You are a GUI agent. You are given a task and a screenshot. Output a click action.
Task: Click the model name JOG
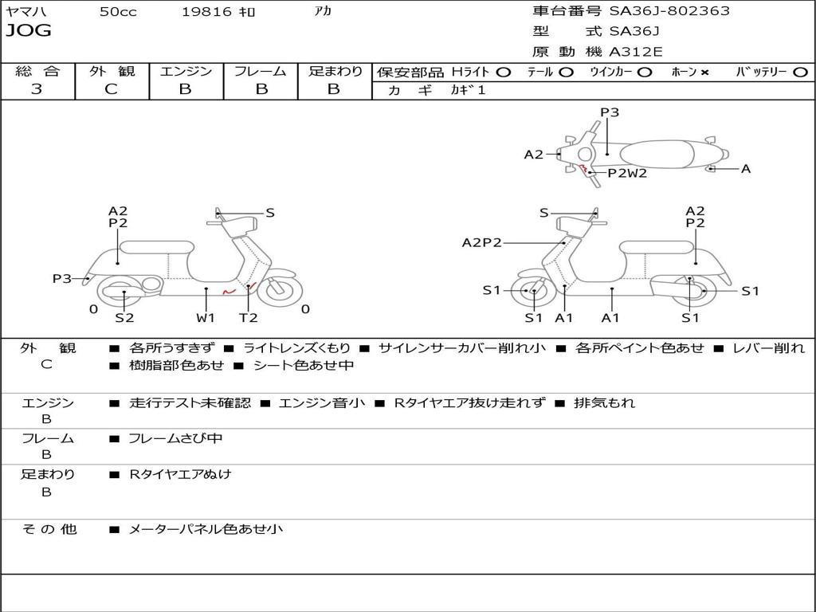(29, 31)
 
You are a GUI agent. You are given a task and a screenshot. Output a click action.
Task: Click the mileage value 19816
(206, 12)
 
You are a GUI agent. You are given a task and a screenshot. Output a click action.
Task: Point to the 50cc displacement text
(118, 12)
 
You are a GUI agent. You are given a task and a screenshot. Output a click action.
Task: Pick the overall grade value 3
(37, 89)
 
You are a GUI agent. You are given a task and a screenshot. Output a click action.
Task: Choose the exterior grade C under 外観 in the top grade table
(111, 89)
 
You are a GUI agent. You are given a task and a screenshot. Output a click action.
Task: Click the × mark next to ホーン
(704, 73)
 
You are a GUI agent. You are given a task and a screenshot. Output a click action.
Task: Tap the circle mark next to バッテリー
(800, 73)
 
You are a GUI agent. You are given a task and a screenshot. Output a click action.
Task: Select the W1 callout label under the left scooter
(206, 318)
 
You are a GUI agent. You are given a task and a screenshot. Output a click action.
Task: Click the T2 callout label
(249, 318)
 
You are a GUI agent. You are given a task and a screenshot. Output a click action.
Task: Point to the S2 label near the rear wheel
(124, 318)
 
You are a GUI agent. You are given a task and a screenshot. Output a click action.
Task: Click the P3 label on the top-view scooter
(610, 112)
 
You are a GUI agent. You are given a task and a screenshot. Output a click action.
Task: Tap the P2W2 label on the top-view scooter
(627, 173)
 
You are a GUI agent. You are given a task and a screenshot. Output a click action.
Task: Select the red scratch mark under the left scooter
(229, 292)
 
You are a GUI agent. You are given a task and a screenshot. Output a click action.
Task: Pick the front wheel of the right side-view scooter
(533, 292)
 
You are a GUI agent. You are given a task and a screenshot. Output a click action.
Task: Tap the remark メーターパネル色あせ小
(206, 528)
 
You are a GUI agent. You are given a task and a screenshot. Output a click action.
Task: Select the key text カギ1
(468, 90)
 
